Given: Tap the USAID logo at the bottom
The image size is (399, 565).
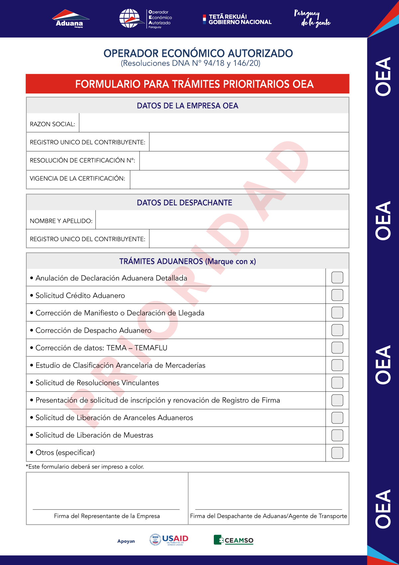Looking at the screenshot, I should [x=169, y=540].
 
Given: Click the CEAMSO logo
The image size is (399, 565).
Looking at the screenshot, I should [x=233, y=540].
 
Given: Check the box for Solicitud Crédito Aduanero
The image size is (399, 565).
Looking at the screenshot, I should [x=337, y=295].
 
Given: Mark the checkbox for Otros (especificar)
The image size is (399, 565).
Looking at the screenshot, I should [x=337, y=453].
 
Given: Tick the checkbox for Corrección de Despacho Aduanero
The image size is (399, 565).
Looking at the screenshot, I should [x=337, y=330].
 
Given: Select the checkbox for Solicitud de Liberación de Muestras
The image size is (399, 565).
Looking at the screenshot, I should [x=337, y=435].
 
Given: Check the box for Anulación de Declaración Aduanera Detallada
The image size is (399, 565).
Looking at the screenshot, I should [x=337, y=278].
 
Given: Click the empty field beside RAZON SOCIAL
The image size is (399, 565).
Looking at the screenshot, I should [x=214, y=123].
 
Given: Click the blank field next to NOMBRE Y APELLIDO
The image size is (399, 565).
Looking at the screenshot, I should [x=222, y=220].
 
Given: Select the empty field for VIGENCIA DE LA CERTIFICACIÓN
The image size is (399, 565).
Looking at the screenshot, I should [x=239, y=180].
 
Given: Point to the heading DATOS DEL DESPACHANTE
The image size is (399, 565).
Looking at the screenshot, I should [x=185, y=203].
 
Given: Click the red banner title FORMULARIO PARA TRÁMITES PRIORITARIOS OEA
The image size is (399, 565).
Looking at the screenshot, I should [x=195, y=84].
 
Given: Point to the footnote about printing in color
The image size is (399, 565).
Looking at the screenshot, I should [x=85, y=467].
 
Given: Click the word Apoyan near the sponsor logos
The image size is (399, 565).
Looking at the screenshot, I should [x=126, y=541].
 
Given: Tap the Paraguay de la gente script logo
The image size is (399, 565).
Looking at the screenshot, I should [x=312, y=19].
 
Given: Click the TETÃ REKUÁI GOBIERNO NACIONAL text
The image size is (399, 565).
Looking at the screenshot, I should [x=240, y=19].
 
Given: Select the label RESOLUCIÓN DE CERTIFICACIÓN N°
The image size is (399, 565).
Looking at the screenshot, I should [x=82, y=160].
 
